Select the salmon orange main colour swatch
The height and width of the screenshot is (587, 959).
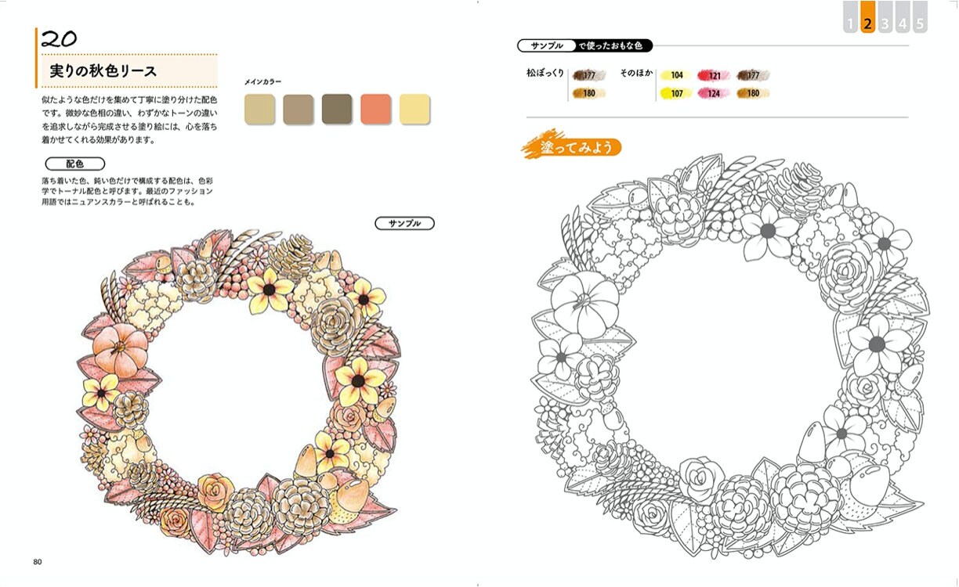coord(375,109)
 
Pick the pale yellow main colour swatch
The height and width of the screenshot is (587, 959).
coord(414,109)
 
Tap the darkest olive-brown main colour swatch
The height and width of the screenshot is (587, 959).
coord(337,109)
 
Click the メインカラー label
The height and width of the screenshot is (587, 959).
coord(262,82)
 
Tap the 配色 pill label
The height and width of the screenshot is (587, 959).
coord(74,164)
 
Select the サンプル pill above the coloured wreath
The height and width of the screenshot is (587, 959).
coord(404,224)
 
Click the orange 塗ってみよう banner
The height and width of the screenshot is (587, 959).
coord(571,147)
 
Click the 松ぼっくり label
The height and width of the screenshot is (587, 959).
coord(545,74)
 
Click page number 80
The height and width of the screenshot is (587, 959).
coord(38,561)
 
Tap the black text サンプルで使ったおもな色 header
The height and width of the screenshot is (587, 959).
coord(585,46)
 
